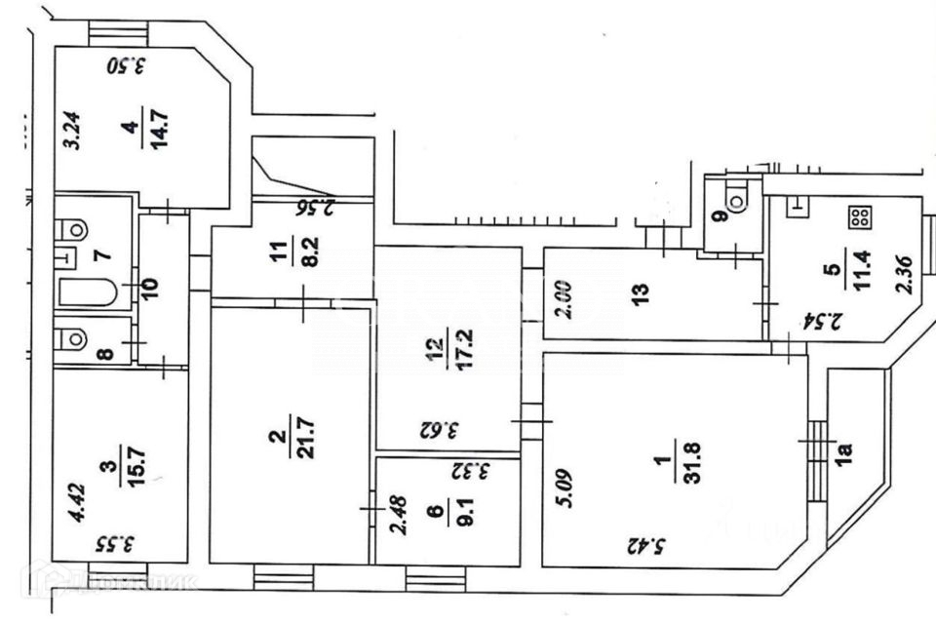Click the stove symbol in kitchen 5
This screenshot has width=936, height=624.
(x=859, y=218)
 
